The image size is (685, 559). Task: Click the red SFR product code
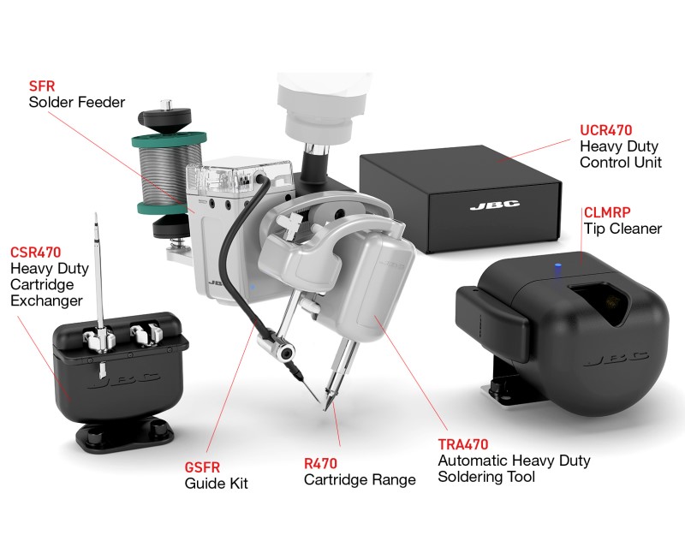[x=42, y=86]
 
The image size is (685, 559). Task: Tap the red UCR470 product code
[x=606, y=130]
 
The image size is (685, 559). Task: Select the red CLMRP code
[x=607, y=212]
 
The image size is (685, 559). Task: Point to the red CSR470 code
[x=35, y=252]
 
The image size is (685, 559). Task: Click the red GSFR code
[x=202, y=467]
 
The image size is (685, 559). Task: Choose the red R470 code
[x=320, y=463]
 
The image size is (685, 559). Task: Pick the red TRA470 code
[x=463, y=444]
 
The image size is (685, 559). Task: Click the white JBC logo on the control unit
[x=495, y=205]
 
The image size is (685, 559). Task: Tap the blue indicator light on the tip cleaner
[x=557, y=266]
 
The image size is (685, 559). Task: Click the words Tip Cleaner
[x=623, y=229]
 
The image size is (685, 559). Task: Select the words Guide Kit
[x=217, y=483]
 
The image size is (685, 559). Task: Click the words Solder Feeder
[x=77, y=102]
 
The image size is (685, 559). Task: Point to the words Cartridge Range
[x=360, y=479]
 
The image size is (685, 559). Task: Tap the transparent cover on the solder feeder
[x=239, y=173]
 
